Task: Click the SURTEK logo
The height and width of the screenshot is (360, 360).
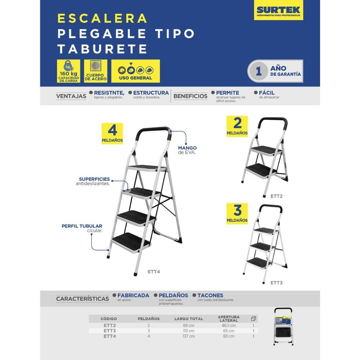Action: tap(278, 10)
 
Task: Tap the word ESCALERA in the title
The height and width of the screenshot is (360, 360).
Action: tap(103, 18)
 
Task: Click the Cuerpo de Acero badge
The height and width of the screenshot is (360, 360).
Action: tap(95, 71)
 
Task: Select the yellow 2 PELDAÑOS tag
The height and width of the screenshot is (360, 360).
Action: tap(237, 126)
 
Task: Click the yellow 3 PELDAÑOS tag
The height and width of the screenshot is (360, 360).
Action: tap(237, 213)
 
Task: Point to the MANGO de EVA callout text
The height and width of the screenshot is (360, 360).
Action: tap(187, 150)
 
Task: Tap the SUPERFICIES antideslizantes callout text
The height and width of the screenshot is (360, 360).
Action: tap(94, 181)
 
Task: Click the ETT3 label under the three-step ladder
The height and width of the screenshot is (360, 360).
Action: tap(276, 283)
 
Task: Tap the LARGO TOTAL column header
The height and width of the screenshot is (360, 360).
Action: tap(189, 319)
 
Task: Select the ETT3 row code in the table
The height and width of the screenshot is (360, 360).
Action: tap(109, 331)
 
